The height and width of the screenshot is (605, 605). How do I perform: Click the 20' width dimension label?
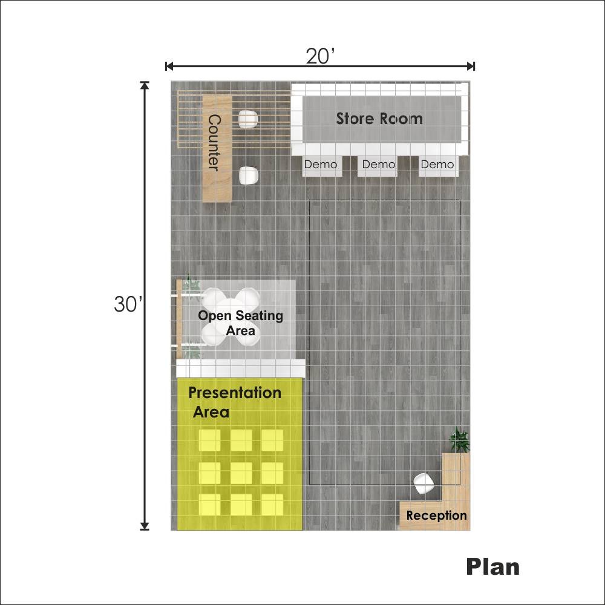tap(320, 56)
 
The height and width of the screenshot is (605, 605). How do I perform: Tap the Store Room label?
tap(379, 119)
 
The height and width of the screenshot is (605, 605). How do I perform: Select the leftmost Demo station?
tap(322, 166)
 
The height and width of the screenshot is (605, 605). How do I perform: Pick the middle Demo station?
tap(378, 166)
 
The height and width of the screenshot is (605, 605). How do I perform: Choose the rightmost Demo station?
tap(439, 166)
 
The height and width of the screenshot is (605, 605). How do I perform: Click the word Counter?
tap(214, 143)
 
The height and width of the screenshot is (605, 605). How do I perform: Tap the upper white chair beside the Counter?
tap(247, 120)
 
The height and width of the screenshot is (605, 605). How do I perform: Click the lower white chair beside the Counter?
tap(247, 176)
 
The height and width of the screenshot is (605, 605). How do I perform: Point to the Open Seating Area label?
tap(240, 323)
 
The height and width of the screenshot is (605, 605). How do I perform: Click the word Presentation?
tap(235, 393)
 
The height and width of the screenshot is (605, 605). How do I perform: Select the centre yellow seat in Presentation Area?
tap(241, 473)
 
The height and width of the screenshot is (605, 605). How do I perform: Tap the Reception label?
tap(436, 515)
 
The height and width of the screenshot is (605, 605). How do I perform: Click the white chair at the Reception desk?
tap(423, 483)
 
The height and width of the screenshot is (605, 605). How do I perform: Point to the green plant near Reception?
tap(459, 440)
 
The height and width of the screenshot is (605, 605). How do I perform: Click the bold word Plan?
tap(492, 567)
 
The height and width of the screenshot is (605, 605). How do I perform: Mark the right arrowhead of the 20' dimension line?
tap(471, 67)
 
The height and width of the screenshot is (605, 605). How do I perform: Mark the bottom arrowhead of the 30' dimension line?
tap(145, 526)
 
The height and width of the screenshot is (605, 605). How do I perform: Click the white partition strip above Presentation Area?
tap(241, 368)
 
